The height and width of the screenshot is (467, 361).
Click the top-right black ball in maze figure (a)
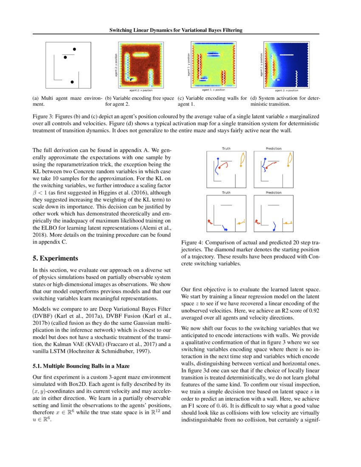coord(74,49)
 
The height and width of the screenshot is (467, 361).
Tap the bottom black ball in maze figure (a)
coord(72,81)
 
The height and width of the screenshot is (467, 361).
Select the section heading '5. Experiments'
coord(55,258)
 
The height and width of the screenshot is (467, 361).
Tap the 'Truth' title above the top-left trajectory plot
coord(226,149)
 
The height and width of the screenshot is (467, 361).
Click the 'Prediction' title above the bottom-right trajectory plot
coord(274,192)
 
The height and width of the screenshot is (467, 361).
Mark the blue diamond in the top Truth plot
coord(217,158)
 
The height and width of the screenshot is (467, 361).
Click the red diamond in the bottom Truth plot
coord(209,221)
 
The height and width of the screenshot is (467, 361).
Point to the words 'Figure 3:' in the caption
coord(45,116)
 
